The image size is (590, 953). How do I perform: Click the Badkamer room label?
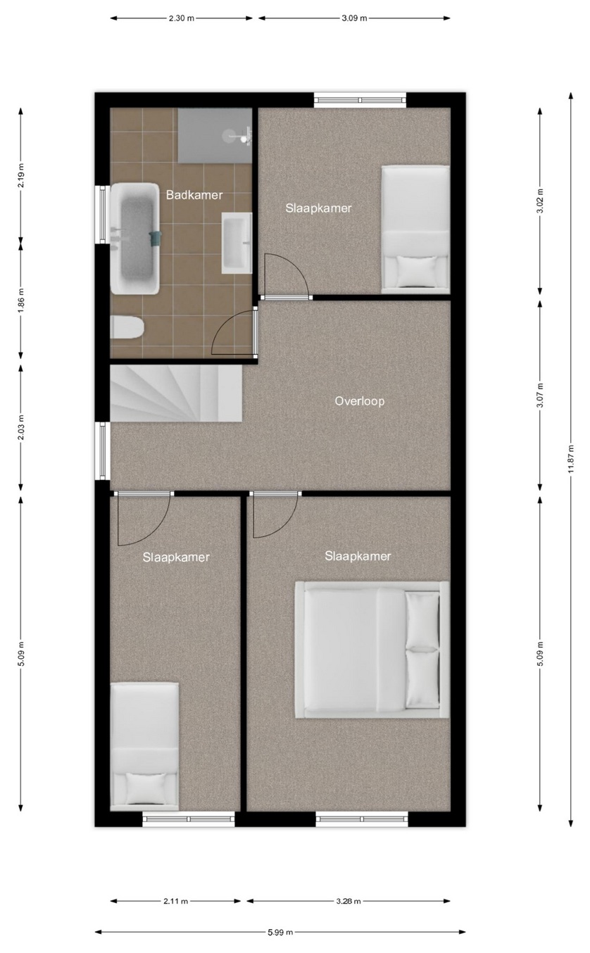click(x=194, y=195)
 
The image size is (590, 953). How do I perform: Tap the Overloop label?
click(x=360, y=401)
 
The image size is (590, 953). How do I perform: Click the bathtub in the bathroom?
click(x=135, y=239)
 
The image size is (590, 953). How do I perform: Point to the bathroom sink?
click(x=237, y=243)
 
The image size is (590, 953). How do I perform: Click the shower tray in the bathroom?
click(x=215, y=135)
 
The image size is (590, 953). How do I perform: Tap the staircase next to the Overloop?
click(x=176, y=393)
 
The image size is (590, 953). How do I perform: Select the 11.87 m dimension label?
click(x=571, y=459)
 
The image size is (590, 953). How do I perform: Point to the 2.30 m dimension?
click(x=182, y=18)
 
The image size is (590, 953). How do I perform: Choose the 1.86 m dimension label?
click(x=21, y=300)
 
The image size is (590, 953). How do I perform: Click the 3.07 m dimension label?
click(x=540, y=396)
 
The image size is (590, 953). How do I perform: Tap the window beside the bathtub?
click(x=102, y=215)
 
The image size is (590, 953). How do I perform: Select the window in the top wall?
click(x=360, y=100)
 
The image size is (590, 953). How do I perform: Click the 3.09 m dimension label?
click(x=354, y=18)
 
